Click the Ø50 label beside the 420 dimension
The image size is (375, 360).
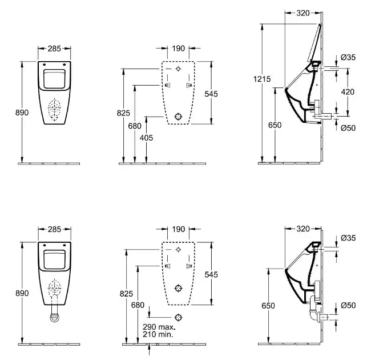click(x=348, y=128)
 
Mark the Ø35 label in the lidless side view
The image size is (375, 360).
click(x=348, y=237)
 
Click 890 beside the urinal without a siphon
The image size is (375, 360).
click(x=21, y=113)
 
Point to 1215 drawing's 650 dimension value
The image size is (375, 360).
click(x=275, y=125)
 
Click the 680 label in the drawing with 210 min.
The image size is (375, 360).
click(x=138, y=306)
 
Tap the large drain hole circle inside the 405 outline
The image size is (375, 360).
click(x=179, y=117)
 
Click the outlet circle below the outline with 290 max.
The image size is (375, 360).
click(x=179, y=317)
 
